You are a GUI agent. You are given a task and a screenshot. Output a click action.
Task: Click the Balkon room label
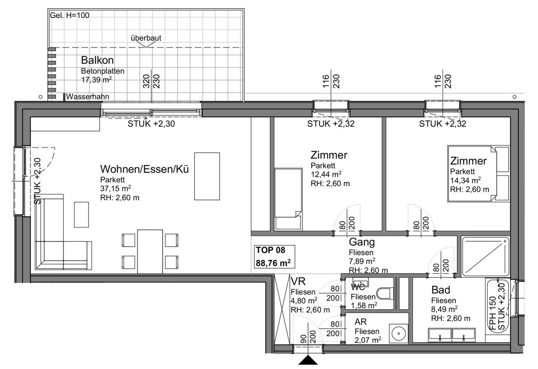click(x=97, y=60)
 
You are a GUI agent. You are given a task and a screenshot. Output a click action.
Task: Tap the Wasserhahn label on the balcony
click(x=87, y=97)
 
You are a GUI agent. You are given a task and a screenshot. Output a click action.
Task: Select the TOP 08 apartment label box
click(x=274, y=256)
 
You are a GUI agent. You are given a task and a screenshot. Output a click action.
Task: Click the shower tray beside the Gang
click(x=485, y=256)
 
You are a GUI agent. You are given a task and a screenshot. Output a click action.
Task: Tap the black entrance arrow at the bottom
click(x=308, y=360)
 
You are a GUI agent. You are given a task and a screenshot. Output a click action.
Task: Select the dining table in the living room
click(x=150, y=251)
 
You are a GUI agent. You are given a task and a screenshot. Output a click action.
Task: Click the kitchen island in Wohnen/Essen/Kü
click(x=207, y=176)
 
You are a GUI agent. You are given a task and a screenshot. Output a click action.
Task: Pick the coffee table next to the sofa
click(x=82, y=214)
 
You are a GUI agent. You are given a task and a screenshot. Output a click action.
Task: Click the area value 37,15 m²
click(x=116, y=189)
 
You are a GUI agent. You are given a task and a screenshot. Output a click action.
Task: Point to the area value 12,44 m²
click(x=326, y=174)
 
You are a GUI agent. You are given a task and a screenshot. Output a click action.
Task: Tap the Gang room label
click(x=362, y=242)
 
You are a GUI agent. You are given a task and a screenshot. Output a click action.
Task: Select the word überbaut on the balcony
click(x=146, y=38)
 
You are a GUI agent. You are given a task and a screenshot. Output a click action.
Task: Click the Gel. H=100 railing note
click(x=69, y=16)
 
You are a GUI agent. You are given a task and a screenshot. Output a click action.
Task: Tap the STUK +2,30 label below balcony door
click(x=151, y=124)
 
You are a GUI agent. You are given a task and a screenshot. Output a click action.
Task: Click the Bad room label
click(x=441, y=290)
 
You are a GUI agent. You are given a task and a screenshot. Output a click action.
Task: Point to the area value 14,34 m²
click(x=465, y=180)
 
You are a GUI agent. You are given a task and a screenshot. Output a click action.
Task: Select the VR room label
click(x=298, y=281)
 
